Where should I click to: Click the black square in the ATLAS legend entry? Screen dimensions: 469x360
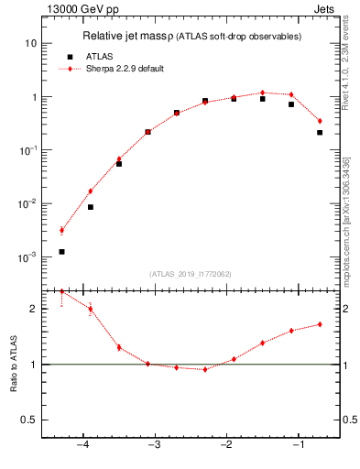70,56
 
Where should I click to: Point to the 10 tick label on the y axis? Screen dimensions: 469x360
30,44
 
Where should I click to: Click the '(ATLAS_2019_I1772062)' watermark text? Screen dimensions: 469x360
191,273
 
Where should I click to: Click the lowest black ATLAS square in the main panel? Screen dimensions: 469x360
61,251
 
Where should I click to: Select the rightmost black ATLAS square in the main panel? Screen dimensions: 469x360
320,133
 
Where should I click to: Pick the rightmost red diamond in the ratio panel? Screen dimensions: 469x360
320,324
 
